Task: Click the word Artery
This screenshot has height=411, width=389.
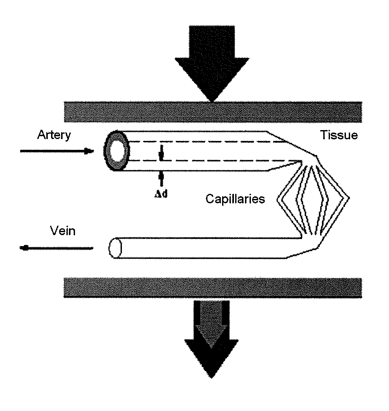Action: (54, 135)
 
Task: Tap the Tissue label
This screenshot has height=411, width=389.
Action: (339, 135)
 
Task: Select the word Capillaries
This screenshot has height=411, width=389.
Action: (235, 199)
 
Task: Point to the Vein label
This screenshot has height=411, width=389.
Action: (63, 231)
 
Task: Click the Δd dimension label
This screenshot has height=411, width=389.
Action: (161, 194)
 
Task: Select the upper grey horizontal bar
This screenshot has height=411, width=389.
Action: (213, 112)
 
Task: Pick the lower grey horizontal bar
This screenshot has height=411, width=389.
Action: (213, 288)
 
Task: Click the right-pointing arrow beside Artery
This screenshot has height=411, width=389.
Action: (57, 151)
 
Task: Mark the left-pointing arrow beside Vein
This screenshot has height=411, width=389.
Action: (56, 248)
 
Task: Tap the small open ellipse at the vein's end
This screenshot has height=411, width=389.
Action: (115, 248)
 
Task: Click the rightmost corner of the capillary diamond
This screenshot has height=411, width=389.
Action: (349, 198)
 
